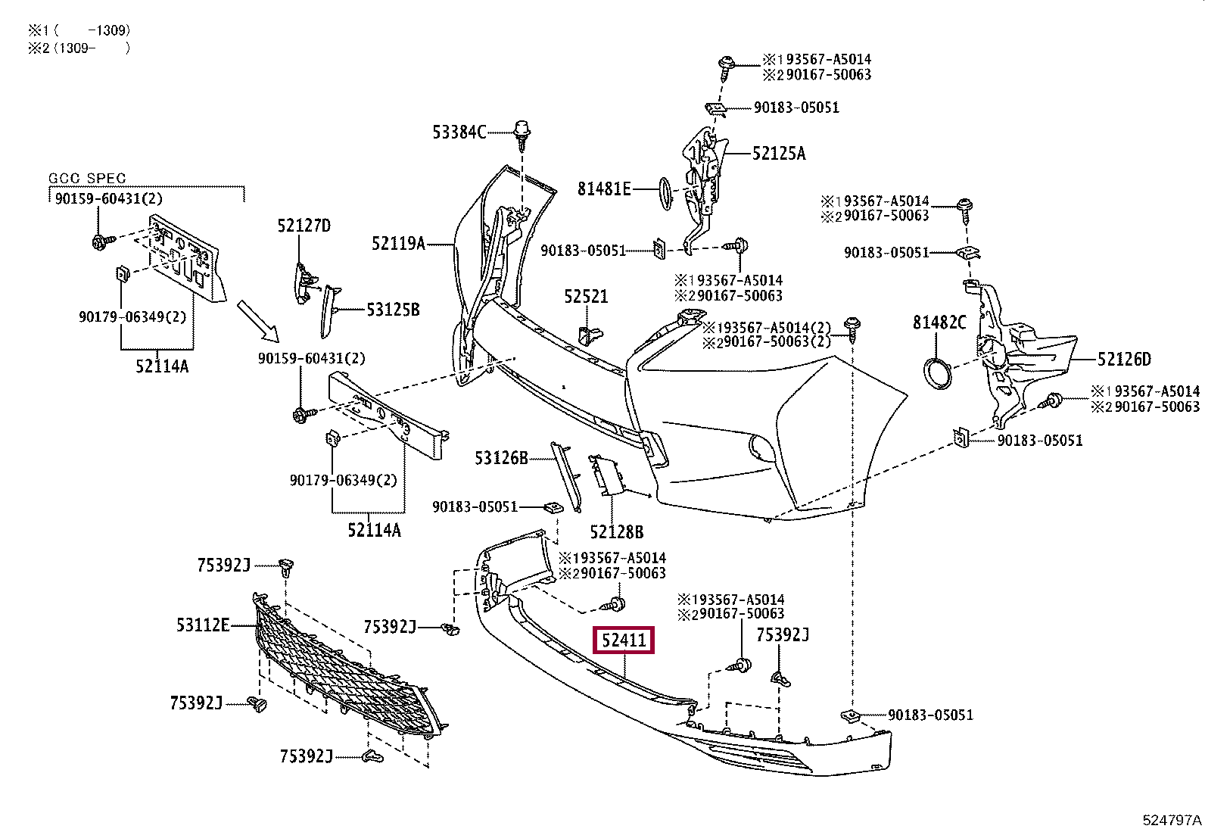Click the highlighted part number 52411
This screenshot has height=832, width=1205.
tap(624, 640)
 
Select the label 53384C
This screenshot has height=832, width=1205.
tap(459, 132)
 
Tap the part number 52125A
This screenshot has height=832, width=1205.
tap(779, 154)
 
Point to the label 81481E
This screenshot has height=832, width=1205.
tap(604, 189)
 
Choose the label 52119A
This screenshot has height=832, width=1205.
tap(399, 244)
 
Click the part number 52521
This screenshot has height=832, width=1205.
tap(586, 297)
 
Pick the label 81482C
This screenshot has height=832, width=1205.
tap(939, 323)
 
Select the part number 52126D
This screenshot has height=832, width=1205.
tap(1124, 359)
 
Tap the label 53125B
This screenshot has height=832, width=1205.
tap(394, 310)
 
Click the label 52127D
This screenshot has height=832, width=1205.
tap(304, 226)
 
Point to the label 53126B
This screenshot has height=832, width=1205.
tap(501, 458)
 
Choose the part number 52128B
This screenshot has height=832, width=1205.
tap(616, 532)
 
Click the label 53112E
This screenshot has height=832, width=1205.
tap(203, 625)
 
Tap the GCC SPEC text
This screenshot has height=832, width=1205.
tap(87, 178)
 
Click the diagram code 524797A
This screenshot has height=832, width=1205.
tap(1172, 820)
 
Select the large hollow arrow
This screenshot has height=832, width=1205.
tap(258, 321)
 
